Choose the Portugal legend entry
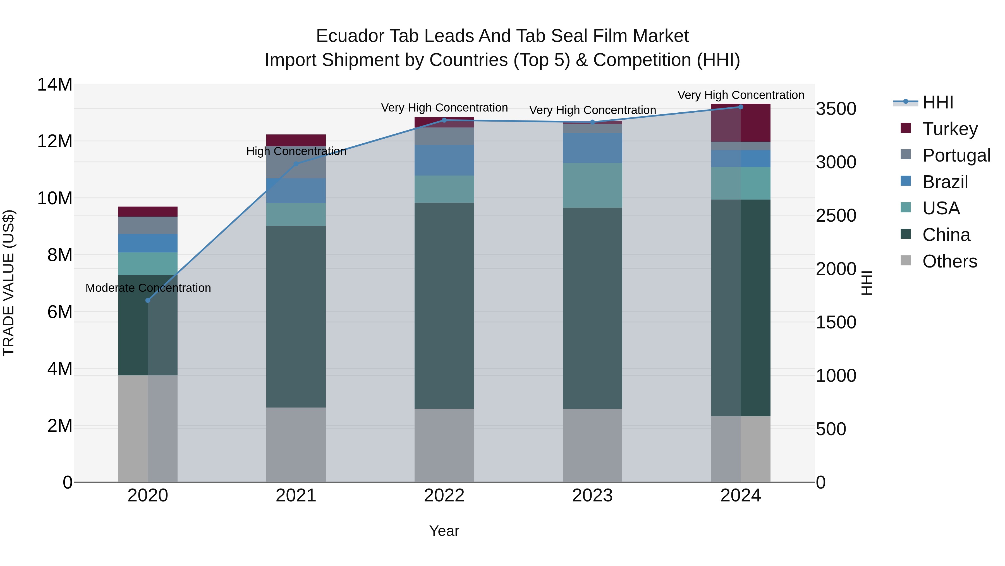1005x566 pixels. (956, 155)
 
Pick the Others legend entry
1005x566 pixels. (949, 261)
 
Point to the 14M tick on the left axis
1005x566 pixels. (55, 85)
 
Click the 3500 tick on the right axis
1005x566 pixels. (836, 109)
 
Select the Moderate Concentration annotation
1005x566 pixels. (148, 288)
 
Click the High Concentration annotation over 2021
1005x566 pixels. (296, 151)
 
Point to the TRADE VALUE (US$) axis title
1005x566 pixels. (9, 283)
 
